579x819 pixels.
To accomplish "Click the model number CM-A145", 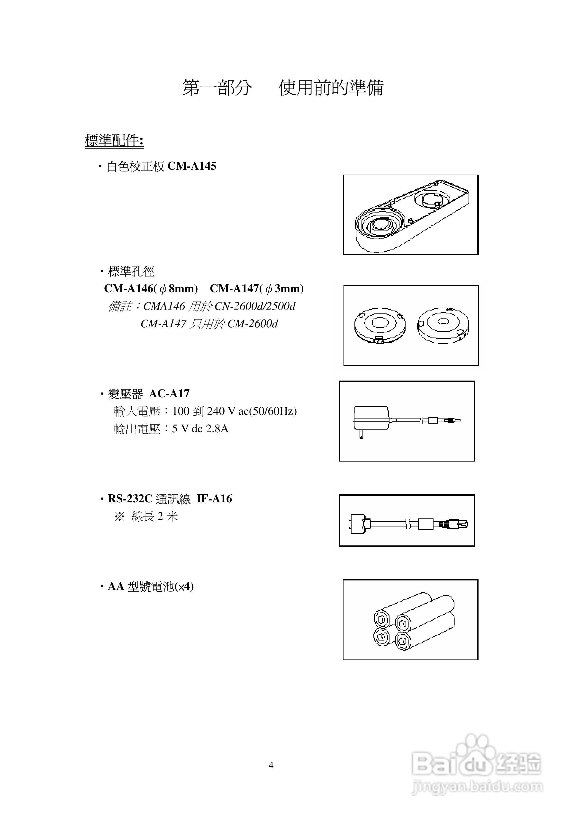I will click(x=192, y=166).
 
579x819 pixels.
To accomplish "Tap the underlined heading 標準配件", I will click(x=114, y=141).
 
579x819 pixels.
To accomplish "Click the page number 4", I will click(x=271, y=765).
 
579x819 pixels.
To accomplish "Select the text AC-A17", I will click(x=169, y=393).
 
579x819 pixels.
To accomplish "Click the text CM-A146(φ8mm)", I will click(x=151, y=289).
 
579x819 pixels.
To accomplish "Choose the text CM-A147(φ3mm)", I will click(x=257, y=289).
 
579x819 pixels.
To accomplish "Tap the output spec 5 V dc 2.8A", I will click(x=200, y=428).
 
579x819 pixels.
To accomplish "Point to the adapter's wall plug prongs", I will click(x=361, y=434).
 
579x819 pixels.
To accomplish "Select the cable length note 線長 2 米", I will click(x=154, y=516).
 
